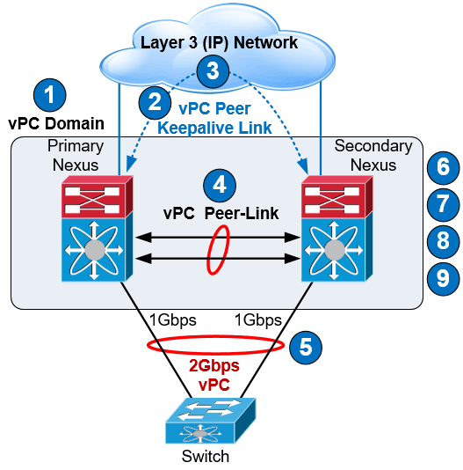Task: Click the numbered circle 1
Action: tap(49, 93)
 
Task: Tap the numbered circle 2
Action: tap(155, 101)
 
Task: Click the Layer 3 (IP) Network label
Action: tap(214, 42)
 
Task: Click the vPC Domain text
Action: tap(56, 123)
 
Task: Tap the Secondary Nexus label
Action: tap(373, 155)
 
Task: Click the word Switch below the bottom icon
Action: tap(205, 456)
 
